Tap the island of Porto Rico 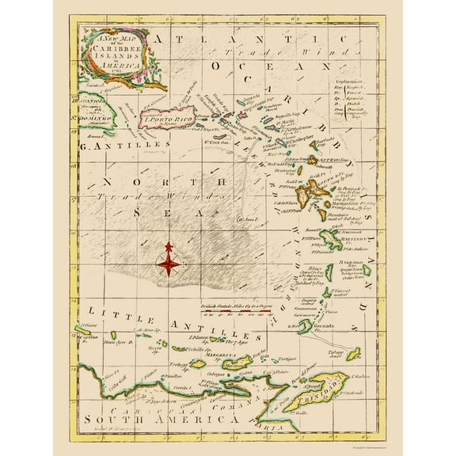point(167,119)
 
